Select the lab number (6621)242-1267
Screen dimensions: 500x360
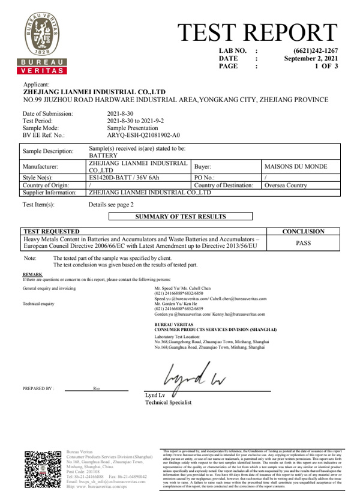click(316, 51)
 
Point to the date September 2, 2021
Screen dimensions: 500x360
click(311, 59)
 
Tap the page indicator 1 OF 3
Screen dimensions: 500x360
click(326, 67)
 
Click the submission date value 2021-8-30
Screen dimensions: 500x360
click(120, 113)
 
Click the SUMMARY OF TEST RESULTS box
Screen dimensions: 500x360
click(180, 216)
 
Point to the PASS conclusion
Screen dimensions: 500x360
click(303, 243)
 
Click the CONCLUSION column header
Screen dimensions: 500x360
click(303, 231)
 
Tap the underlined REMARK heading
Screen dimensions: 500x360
click(32, 274)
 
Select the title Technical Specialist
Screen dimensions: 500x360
click(170, 403)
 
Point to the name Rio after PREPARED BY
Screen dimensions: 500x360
click(97, 388)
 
